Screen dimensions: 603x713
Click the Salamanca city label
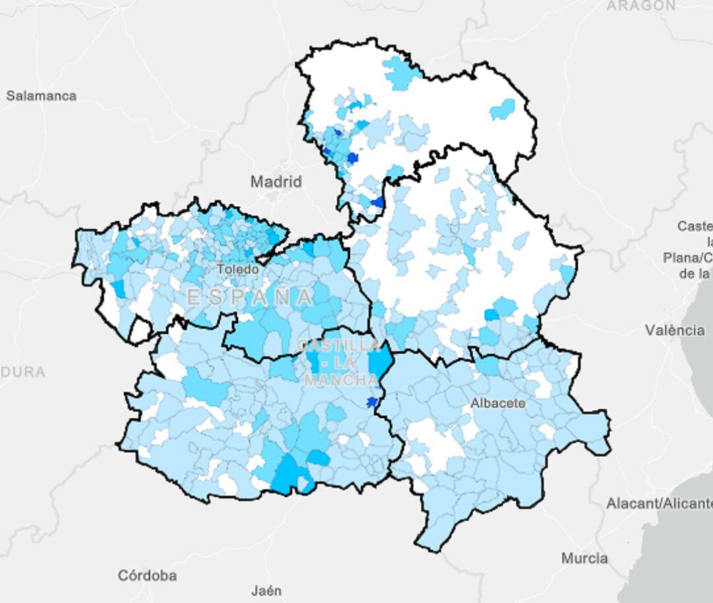click(41, 96)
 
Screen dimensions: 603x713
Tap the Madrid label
click(276, 181)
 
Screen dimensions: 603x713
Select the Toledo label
click(238, 269)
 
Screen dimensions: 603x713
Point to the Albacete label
click(498, 403)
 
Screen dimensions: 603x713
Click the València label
click(674, 330)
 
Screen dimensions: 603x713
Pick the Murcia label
click(584, 558)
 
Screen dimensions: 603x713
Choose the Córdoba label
click(147, 575)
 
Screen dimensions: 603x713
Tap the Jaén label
click(267, 590)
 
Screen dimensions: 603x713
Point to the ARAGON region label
click(640, 6)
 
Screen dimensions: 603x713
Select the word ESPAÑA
click(250, 297)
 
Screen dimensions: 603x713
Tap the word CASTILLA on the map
click(339, 346)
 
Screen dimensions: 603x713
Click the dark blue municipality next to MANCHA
click(372, 402)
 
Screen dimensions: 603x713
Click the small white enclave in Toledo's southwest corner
click(139, 330)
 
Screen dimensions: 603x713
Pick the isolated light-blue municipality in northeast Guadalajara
click(504, 109)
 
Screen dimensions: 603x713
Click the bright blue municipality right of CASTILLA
click(380, 361)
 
